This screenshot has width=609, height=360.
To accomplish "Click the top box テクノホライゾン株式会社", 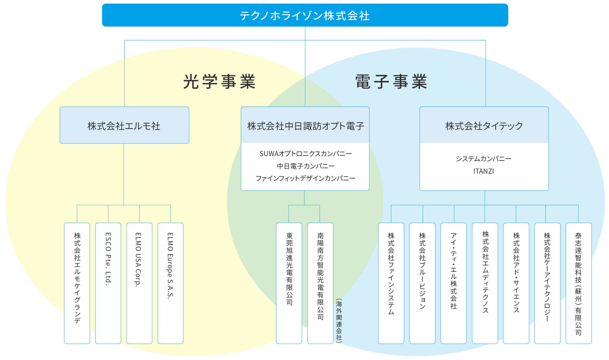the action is [x=305, y=15].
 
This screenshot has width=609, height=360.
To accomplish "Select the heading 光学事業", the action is [x=219, y=82].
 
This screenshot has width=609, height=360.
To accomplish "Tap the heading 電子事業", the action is [x=391, y=82].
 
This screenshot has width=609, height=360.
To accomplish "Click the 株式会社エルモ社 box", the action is [x=125, y=125].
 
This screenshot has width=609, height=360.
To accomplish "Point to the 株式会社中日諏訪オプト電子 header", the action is [x=305, y=125].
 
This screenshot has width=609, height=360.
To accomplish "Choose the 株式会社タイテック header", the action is [x=484, y=125].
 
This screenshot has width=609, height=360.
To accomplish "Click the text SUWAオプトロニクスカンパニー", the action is [x=306, y=154].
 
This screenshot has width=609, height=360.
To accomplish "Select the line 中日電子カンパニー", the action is [x=306, y=166].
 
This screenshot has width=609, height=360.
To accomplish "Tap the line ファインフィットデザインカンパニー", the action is [x=306, y=178].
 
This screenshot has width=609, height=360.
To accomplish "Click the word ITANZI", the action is [x=483, y=171].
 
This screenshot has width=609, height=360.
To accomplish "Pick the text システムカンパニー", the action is [x=483, y=159].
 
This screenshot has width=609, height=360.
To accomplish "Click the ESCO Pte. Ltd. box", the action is [x=108, y=283].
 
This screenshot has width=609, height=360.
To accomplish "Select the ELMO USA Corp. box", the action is [x=139, y=283].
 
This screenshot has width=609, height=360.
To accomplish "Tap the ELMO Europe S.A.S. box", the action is [x=171, y=283].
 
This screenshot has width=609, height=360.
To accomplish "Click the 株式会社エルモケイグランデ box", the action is [x=77, y=283].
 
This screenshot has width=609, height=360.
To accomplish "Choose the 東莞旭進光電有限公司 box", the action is [x=289, y=283].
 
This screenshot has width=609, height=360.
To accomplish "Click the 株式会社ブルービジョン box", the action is [x=422, y=283].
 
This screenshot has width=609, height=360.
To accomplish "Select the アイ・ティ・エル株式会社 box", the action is [x=454, y=283].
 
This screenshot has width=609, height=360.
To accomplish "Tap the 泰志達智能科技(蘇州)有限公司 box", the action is [x=579, y=283].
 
